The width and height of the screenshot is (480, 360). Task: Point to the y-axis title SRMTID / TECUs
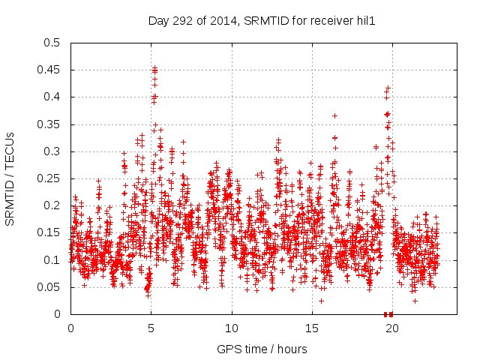click(10, 178)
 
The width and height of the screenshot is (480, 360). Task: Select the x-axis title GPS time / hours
click(261, 349)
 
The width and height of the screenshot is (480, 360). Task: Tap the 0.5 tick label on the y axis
click(55, 43)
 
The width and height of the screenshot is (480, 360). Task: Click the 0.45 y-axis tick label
click(52, 70)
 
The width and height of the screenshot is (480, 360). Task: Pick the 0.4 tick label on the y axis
click(55, 97)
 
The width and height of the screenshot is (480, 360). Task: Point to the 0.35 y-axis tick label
click(52, 124)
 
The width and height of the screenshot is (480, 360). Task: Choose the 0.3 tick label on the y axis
click(55, 151)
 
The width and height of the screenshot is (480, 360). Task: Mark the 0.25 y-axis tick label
click(52, 178)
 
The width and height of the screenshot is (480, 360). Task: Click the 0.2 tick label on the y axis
click(55, 205)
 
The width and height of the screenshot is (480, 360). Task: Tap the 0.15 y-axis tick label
click(52, 233)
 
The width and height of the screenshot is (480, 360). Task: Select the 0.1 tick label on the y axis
click(55, 260)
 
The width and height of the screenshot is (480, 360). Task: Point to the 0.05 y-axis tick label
click(52, 287)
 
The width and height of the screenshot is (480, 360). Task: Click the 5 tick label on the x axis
click(151, 328)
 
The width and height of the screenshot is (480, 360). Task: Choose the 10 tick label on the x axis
click(232, 328)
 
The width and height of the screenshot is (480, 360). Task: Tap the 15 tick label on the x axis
click(312, 328)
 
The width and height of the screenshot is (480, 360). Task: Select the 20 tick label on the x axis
click(392, 328)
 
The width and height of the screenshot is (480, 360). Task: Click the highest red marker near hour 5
click(154, 67)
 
